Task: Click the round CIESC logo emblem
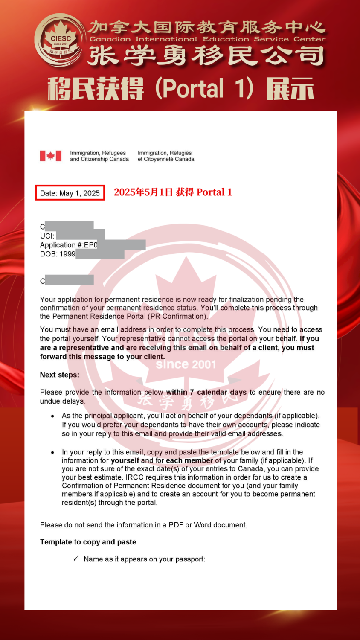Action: [x=60, y=40]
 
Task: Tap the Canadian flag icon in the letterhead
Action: [x=50, y=156]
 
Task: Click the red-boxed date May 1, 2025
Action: [x=70, y=193]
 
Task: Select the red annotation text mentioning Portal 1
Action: [x=173, y=192]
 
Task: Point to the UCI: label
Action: [x=47, y=236]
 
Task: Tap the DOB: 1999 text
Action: [x=58, y=254]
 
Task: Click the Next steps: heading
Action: [x=60, y=375]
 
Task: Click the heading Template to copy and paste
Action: [x=88, y=542]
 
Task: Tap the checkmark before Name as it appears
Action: [x=75, y=559]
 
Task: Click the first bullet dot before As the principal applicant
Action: [x=52, y=416]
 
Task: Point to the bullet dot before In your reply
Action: [x=52, y=452]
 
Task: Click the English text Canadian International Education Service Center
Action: [x=207, y=39]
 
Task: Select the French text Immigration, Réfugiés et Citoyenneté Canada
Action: [x=165, y=156]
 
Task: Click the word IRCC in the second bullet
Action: [x=134, y=477]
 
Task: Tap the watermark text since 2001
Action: [x=186, y=364]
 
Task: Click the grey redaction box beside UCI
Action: [x=80, y=235]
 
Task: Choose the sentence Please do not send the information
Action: [x=143, y=525]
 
